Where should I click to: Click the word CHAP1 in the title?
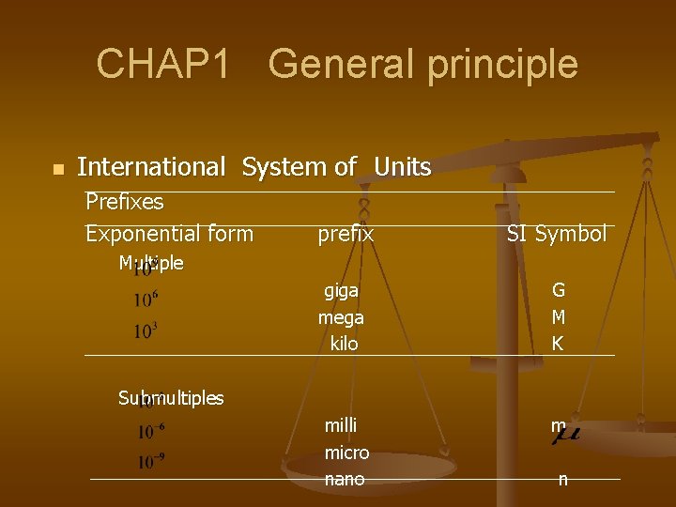pyautogui.click(x=163, y=64)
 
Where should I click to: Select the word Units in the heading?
pyautogui.click(x=402, y=167)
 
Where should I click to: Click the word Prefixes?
pyautogui.click(x=124, y=202)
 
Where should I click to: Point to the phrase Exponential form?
pyautogui.click(x=169, y=233)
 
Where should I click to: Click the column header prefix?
pyautogui.click(x=346, y=234)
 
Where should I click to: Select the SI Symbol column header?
pyautogui.click(x=556, y=234)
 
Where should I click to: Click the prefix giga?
pyautogui.click(x=341, y=291)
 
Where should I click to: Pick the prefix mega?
pyautogui.click(x=341, y=317)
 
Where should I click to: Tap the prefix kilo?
pyautogui.click(x=344, y=344)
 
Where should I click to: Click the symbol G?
pyautogui.click(x=558, y=291)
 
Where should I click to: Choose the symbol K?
pyautogui.click(x=558, y=344)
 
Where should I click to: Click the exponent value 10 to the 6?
pyautogui.click(x=146, y=300)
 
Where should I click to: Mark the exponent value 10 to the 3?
pyautogui.click(x=146, y=331)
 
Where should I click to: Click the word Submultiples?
pyautogui.click(x=171, y=398)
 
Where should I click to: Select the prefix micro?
pyautogui.click(x=346, y=453)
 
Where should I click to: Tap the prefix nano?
pyautogui.click(x=344, y=479)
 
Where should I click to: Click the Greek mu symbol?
pyautogui.click(x=564, y=432)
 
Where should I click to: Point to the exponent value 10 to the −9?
pyautogui.click(x=151, y=462)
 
